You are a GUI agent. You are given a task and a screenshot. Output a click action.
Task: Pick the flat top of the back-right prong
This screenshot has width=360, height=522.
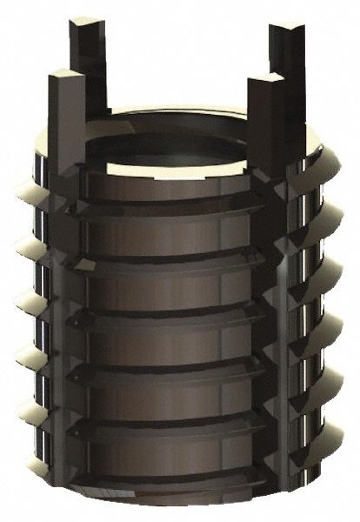coord(286,30)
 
